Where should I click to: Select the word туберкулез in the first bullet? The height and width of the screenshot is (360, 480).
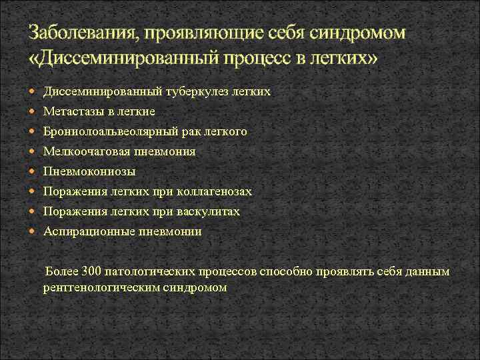189,91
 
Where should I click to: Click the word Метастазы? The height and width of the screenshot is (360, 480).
74,111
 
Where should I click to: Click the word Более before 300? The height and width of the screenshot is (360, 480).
60,272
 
